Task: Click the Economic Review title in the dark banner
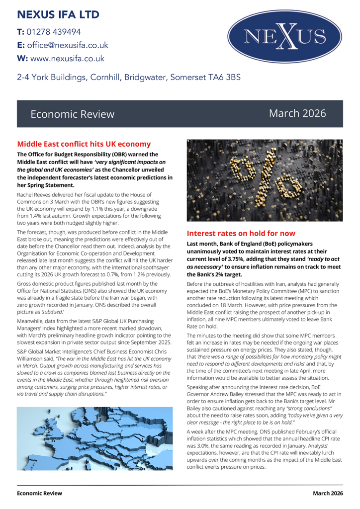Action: pos(72,114)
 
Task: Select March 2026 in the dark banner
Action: pos(297,113)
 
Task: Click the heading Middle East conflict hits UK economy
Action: pos(84,144)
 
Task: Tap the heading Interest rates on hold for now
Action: pos(241,233)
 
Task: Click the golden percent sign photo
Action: pos(265,180)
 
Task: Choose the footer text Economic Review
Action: pos(40,493)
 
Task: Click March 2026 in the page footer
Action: pos(328,493)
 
